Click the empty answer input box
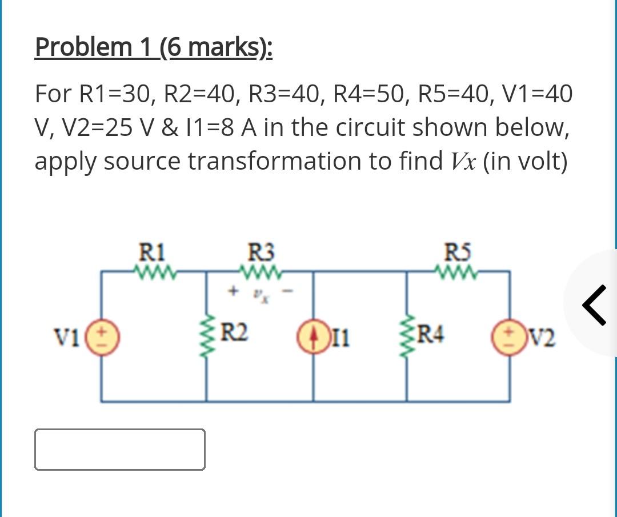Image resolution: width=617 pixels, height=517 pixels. click(x=119, y=450)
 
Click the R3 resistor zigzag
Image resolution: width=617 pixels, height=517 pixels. click(x=260, y=269)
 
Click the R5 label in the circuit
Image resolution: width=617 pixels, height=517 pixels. click(x=457, y=252)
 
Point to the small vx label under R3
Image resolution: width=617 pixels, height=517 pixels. click(x=260, y=295)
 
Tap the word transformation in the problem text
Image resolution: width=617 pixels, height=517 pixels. click(x=301, y=161)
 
